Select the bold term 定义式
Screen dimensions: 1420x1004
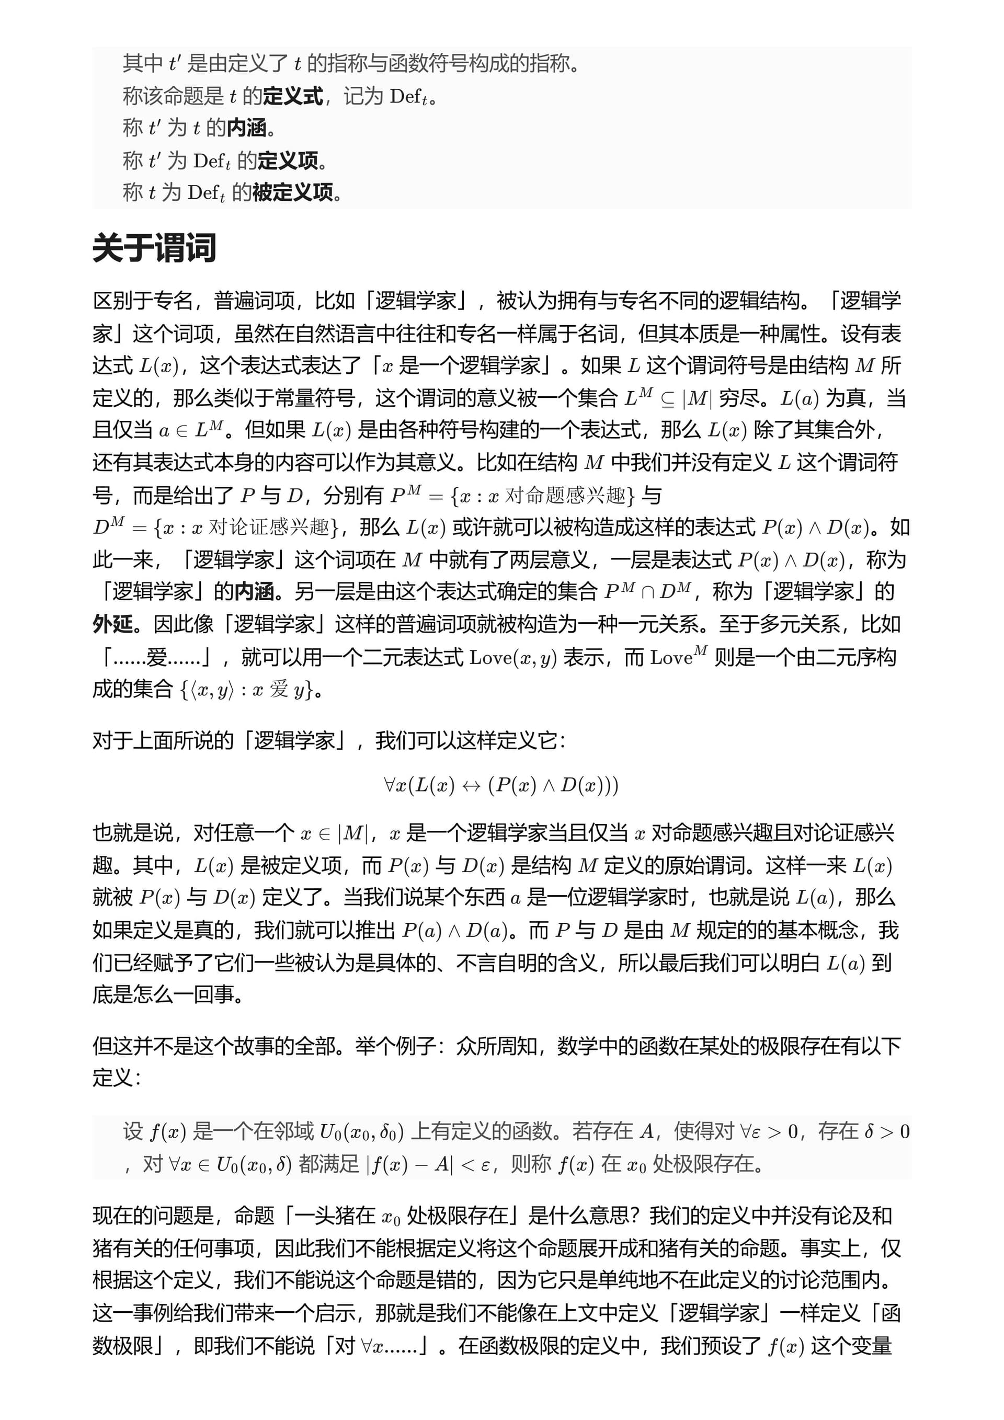[x=293, y=97]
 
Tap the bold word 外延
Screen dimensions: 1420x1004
[x=112, y=624]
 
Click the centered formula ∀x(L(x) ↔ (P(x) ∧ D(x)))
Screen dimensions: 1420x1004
[x=501, y=785]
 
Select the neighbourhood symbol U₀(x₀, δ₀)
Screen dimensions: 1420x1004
[x=361, y=1132]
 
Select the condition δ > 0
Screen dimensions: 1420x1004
[x=886, y=1132]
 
